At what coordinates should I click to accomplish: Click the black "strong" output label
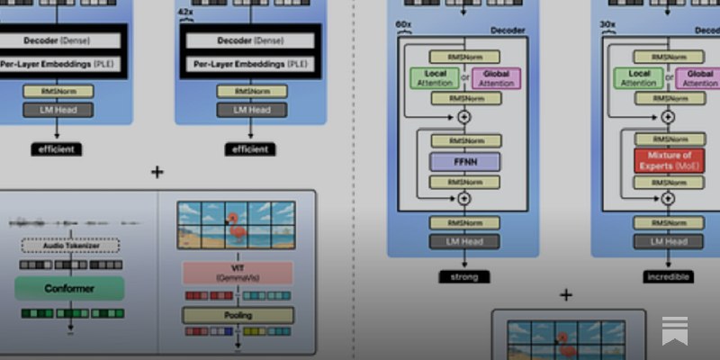[464, 276]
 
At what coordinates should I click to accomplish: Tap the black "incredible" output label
[668, 276]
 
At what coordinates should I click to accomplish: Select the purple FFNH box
[464, 163]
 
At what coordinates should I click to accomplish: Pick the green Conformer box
[68, 288]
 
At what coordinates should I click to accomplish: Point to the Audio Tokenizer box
[69, 245]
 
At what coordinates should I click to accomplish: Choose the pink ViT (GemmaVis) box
[238, 274]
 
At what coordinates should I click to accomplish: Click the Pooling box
[238, 315]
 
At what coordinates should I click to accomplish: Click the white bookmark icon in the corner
[674, 329]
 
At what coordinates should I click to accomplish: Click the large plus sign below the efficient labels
[157, 172]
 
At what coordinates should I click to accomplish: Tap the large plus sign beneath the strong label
[566, 294]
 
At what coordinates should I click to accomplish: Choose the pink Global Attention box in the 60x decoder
[496, 78]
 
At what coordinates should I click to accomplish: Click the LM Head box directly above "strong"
[464, 241]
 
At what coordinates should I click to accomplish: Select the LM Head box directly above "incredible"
[668, 241]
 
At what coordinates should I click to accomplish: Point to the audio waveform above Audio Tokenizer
[72, 222]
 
